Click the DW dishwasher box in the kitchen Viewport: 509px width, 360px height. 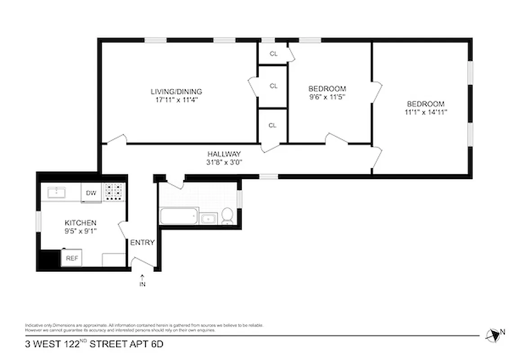click(x=91, y=193)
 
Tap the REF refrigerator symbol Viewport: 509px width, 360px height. click(x=72, y=258)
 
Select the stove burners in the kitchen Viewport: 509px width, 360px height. click(x=114, y=192)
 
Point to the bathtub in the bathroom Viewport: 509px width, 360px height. click(x=179, y=217)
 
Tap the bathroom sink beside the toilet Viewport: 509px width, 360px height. click(x=208, y=219)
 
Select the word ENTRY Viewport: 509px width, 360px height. click(x=142, y=243)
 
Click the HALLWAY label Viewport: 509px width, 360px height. click(x=224, y=154)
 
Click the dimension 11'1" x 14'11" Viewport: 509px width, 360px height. click(x=424, y=112)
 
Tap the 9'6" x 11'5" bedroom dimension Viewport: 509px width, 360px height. click(x=327, y=97)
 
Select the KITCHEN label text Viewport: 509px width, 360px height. click(x=80, y=223)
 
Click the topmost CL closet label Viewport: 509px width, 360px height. click(x=274, y=54)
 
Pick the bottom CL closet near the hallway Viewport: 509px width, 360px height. click(x=272, y=126)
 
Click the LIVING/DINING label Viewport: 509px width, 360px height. click(x=176, y=92)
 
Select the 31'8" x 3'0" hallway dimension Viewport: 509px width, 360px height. click(x=224, y=162)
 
